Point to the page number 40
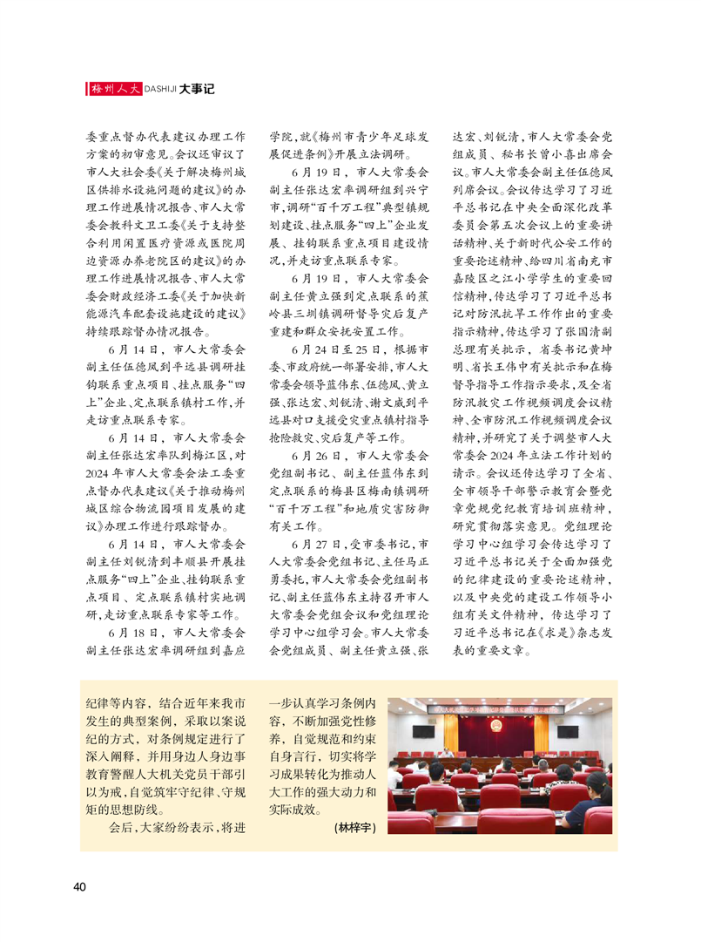(79, 887)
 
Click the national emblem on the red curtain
(495, 724)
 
